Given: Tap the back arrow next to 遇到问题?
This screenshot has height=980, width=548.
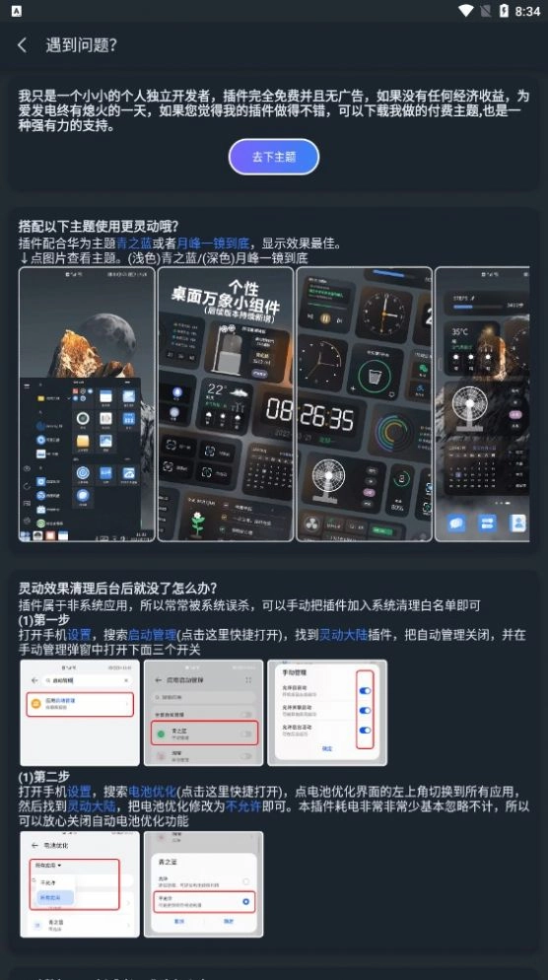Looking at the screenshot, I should (x=22, y=45).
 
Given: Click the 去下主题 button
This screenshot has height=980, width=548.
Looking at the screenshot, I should (x=274, y=157).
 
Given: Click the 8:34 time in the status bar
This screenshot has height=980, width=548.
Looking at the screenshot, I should (x=527, y=11).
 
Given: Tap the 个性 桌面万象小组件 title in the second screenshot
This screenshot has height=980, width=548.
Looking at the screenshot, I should (x=226, y=297).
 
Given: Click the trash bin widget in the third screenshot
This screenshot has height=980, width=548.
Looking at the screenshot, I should (x=374, y=376).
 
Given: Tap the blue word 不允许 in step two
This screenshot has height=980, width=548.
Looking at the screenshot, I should (x=242, y=805).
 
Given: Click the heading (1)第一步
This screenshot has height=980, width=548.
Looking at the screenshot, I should (x=43, y=621).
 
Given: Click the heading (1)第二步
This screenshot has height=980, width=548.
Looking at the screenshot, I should (x=43, y=777).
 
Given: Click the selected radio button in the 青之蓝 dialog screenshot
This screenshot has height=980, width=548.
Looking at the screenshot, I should (x=244, y=901).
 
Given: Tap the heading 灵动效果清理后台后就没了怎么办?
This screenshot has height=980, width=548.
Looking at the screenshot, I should (x=117, y=590).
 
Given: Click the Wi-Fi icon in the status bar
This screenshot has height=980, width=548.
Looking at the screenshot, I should (x=466, y=11).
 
